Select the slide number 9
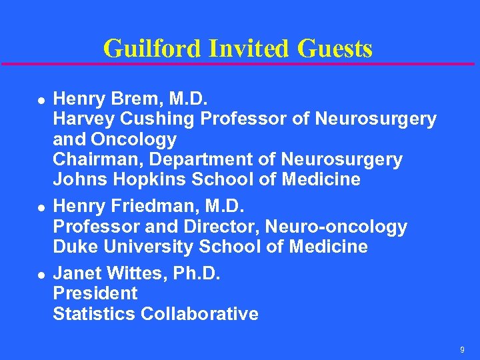462,350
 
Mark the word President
95,293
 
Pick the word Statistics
94,313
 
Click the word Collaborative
200,313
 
